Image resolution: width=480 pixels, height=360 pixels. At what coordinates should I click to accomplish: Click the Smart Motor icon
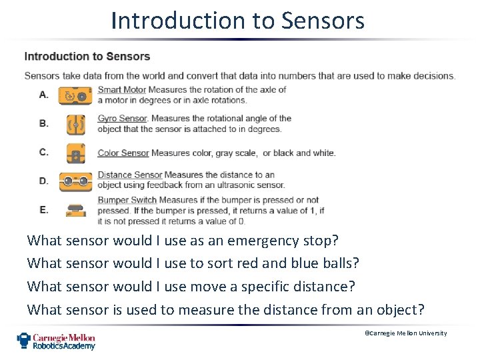tap(75, 96)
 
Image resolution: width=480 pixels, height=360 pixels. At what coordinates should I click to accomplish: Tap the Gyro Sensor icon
tap(75, 125)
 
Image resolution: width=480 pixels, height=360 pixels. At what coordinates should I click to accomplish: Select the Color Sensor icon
tap(75, 153)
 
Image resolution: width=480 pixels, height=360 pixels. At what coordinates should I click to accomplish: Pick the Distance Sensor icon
tap(75, 181)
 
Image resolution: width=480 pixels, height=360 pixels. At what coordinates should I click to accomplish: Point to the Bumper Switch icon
tap(75, 210)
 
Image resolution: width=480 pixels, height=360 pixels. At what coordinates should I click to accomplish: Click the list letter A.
tap(44, 95)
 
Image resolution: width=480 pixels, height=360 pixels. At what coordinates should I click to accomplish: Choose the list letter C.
tap(44, 152)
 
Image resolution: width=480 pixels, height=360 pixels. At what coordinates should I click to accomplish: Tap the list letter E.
tap(44, 209)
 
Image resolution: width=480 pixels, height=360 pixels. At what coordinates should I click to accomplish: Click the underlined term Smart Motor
tap(121, 90)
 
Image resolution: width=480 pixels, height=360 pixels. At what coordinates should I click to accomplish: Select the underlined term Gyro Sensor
tap(123, 119)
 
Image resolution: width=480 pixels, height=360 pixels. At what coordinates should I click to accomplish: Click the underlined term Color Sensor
tap(123, 153)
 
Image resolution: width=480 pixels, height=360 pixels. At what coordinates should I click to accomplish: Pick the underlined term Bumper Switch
tap(127, 200)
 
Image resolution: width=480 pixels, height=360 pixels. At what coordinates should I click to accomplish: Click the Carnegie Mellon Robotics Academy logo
tap(56, 341)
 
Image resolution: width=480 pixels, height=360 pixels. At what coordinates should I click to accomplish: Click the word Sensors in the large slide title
tap(323, 21)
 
